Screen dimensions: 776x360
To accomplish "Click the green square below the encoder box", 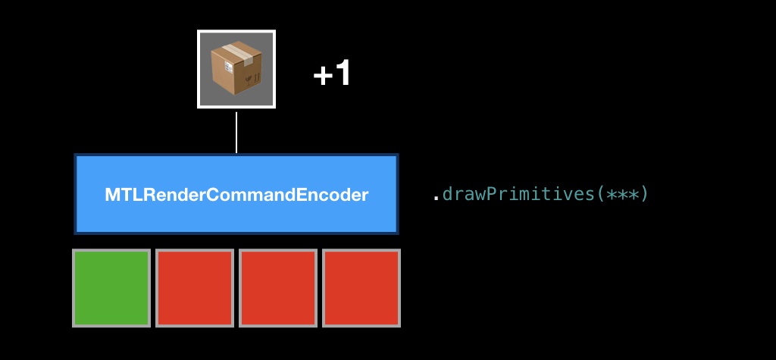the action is pyautogui.click(x=111, y=288).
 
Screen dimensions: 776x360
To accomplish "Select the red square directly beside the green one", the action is pyautogui.click(x=195, y=288).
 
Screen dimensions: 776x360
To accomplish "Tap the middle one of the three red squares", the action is pyautogui.click(x=278, y=288).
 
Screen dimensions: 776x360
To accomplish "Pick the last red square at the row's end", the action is pyautogui.click(x=361, y=288).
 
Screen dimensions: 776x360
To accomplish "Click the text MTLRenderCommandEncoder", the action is pyautogui.click(x=236, y=195).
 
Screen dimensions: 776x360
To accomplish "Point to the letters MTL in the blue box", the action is pyautogui.click(x=119, y=195).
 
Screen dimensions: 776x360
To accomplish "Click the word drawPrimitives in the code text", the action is pyautogui.click(x=518, y=194).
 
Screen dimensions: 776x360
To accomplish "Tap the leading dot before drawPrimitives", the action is pyautogui.click(x=436, y=199).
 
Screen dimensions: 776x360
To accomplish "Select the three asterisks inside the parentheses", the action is pyautogui.click(x=621, y=194).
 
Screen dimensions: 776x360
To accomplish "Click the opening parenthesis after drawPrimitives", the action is pyautogui.click(x=600, y=194).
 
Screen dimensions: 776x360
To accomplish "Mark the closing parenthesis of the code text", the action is pyautogui.click(x=643, y=194).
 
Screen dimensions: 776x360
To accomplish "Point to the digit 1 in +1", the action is pyautogui.click(x=342, y=74).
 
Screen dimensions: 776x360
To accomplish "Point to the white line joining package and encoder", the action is pyautogui.click(x=236, y=133).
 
